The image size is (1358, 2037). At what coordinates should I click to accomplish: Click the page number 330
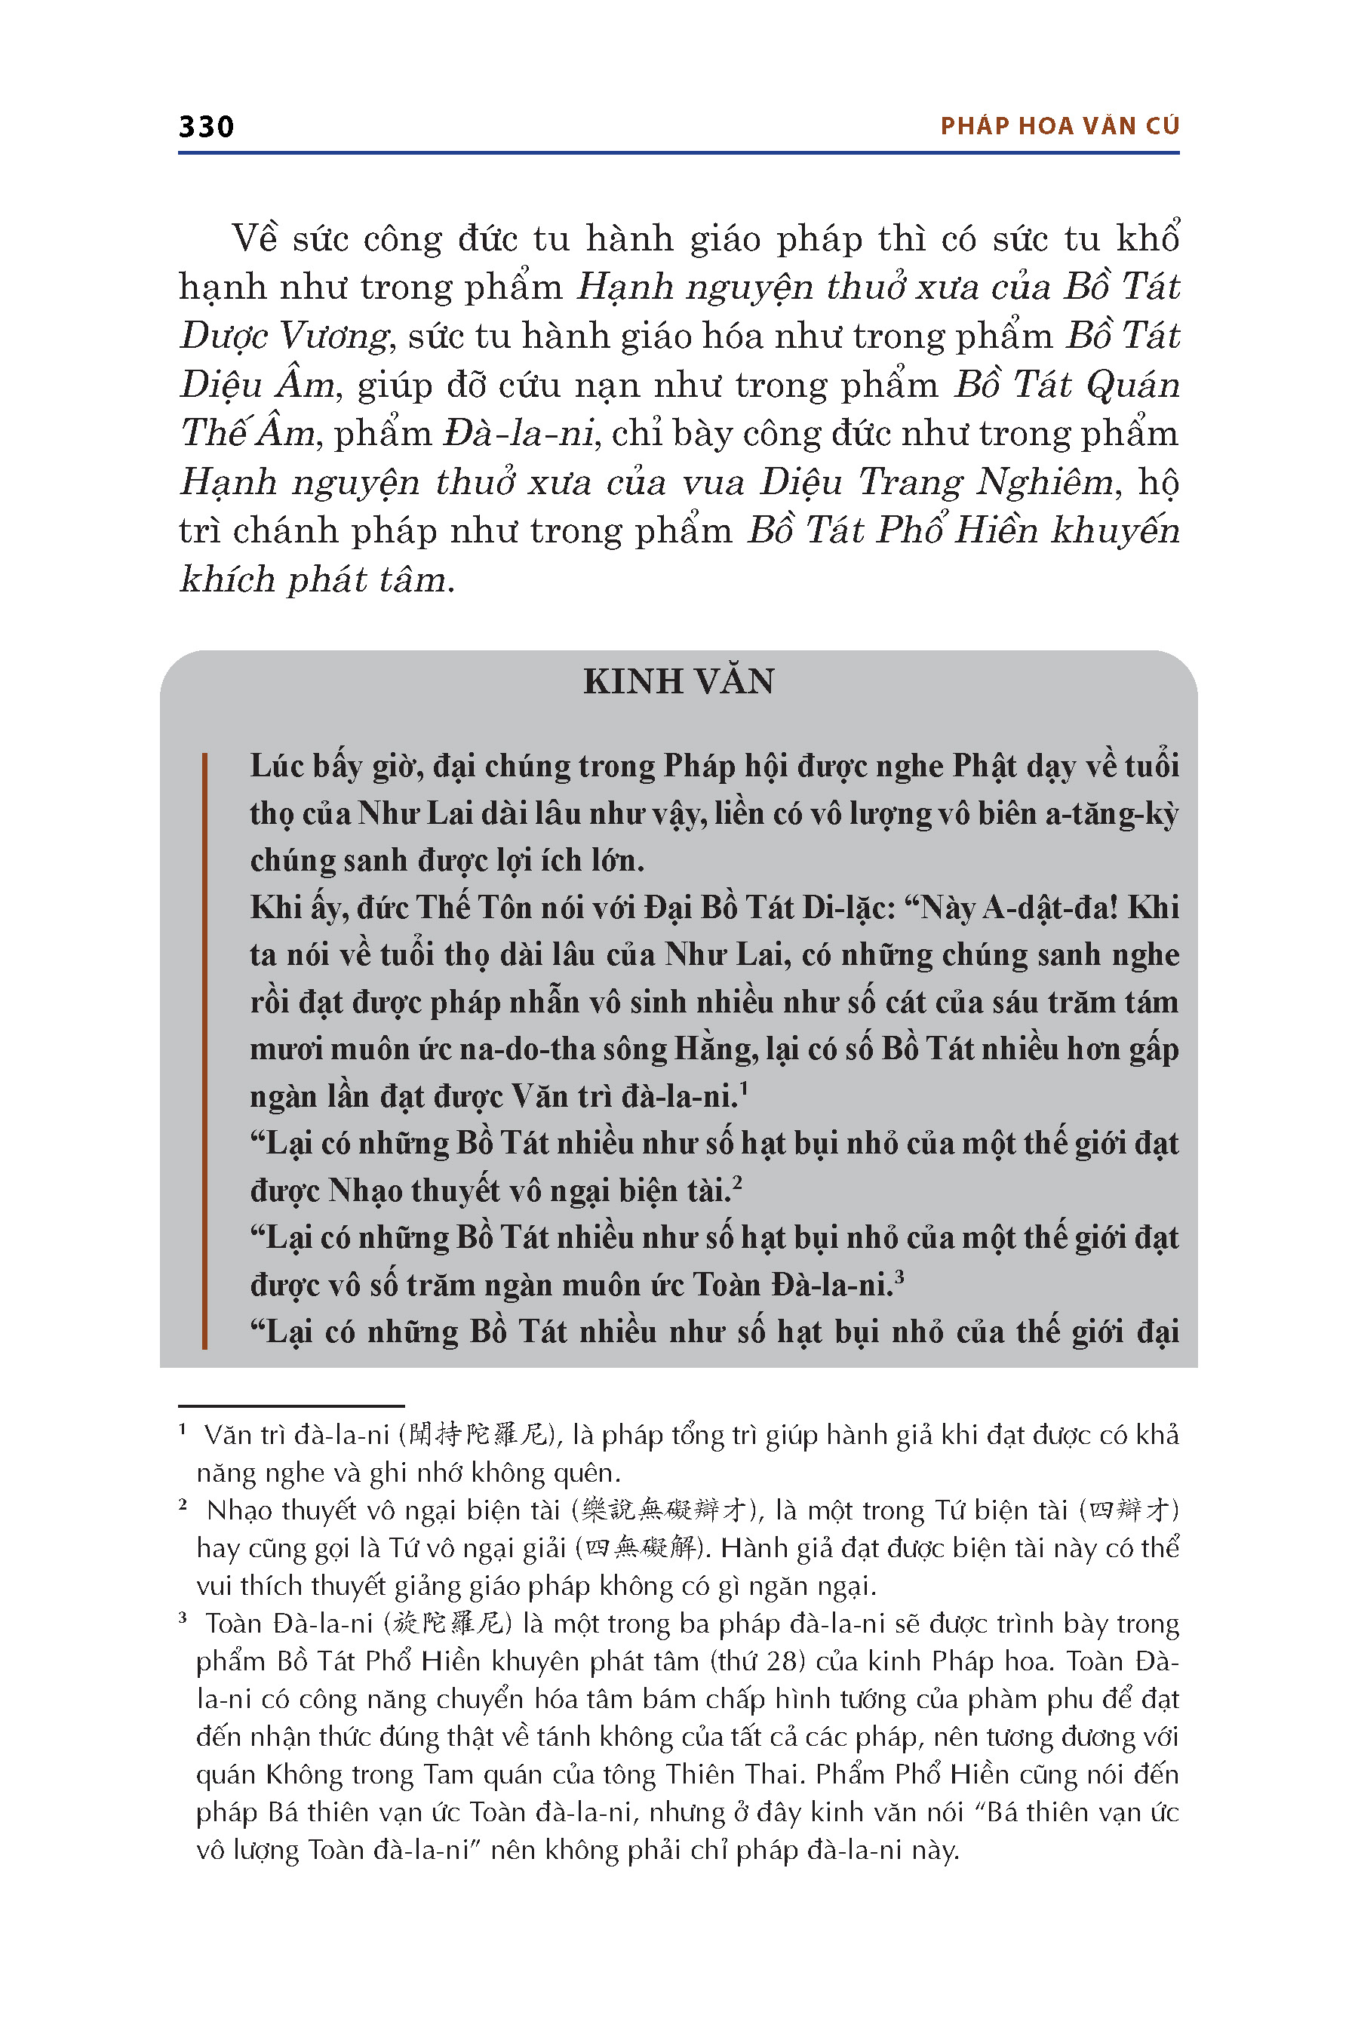pos(206,128)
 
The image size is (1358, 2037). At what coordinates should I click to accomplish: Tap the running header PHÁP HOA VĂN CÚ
pos(1059,127)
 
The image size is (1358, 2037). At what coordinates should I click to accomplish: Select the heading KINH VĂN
pos(678,681)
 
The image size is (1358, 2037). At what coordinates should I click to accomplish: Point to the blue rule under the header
pos(678,153)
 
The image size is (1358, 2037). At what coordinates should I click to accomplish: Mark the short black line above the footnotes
pos(291,1405)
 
